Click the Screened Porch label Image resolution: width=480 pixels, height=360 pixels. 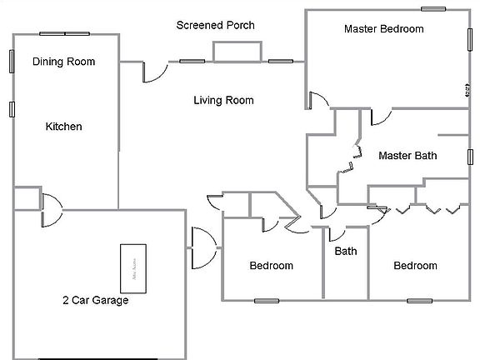pyautogui.click(x=215, y=25)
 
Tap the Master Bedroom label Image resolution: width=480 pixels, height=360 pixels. pyautogui.click(x=383, y=29)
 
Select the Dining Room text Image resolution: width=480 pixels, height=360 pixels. pyautogui.click(x=63, y=62)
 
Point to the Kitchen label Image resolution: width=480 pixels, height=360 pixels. pyautogui.click(x=63, y=127)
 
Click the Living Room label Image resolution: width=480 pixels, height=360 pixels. pyautogui.click(x=223, y=101)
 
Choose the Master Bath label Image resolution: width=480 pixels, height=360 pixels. pyautogui.click(x=407, y=155)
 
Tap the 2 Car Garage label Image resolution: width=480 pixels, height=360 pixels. pyautogui.click(x=96, y=300)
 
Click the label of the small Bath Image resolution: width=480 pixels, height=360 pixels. pyautogui.click(x=346, y=251)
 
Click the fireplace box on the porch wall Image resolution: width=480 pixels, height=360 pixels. pyautogui.click(x=237, y=51)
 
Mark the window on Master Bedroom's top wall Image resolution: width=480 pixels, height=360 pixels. pyautogui.click(x=433, y=9)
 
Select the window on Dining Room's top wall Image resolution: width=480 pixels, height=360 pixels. pyautogui.click(x=65, y=34)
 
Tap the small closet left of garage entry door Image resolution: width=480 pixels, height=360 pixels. pyautogui.click(x=26, y=198)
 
